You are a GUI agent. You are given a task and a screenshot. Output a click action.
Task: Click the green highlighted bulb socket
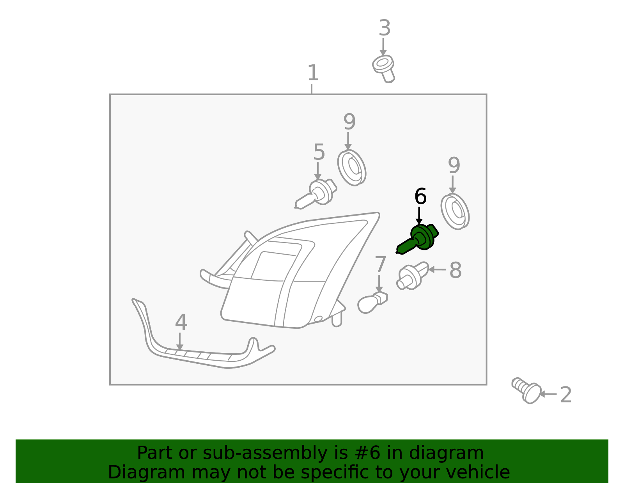[419, 239]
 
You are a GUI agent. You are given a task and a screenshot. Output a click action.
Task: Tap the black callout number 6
[420, 197]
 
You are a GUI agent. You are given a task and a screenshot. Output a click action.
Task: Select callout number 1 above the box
[313, 73]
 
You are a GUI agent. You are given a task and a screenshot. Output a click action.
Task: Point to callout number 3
[385, 28]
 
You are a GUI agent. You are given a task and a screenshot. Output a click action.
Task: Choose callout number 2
[565, 395]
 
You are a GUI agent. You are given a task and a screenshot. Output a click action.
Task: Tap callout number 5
[319, 152]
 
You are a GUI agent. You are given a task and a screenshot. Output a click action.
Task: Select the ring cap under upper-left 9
[352, 168]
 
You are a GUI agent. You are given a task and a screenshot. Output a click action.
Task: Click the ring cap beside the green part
[455, 211]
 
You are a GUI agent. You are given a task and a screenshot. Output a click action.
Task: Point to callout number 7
[380, 265]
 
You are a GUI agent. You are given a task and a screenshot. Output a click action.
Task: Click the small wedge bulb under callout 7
[371, 303]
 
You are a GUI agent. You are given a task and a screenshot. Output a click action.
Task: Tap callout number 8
[455, 270]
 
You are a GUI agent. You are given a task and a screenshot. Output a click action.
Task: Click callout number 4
[181, 322]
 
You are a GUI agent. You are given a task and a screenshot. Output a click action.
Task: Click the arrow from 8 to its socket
[437, 269]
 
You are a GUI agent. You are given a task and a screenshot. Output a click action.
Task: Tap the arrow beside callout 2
[548, 394]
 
